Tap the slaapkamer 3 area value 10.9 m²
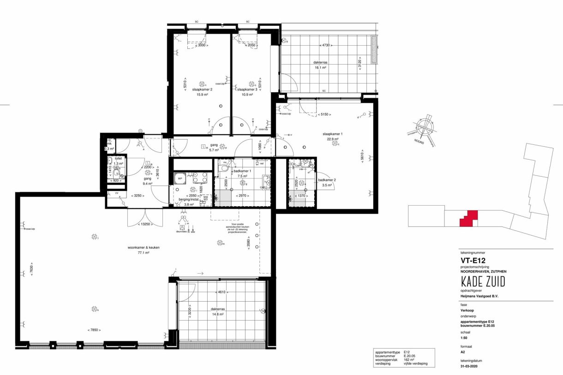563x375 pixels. pyautogui.click(x=252, y=95)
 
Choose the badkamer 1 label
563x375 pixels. pyautogui.click(x=242, y=171)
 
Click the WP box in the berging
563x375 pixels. pyautogui.click(x=179, y=179)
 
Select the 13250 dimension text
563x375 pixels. pyautogui.click(x=145, y=225)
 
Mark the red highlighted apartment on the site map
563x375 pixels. pyautogui.click(x=468, y=219)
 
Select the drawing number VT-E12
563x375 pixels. pyautogui.click(x=471, y=260)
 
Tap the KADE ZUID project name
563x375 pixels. pyautogui.click(x=482, y=281)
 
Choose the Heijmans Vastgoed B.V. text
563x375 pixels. pyautogui.click(x=480, y=296)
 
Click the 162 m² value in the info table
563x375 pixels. pyautogui.click(x=410, y=359)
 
